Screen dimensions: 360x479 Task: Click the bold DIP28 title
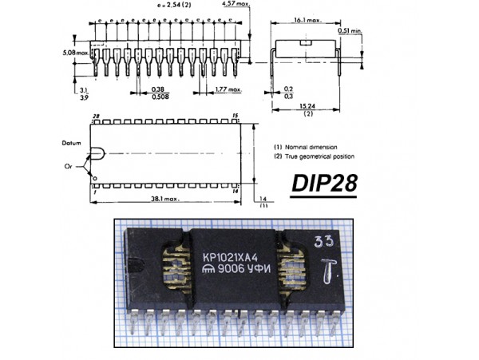coord(324,185)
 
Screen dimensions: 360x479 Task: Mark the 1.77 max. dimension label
coord(229,90)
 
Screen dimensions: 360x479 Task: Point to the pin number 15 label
coord(235,117)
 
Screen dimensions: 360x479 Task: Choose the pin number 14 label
coord(235,191)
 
